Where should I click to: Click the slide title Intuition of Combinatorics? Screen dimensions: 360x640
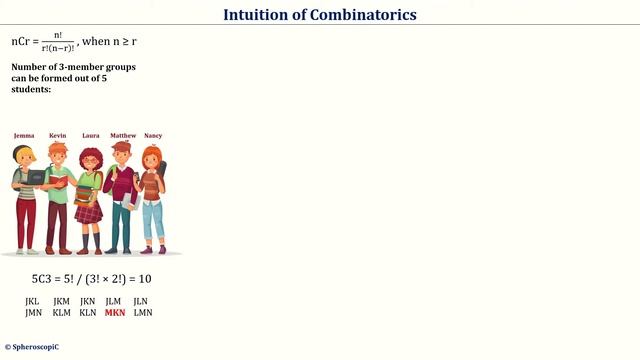pos(320,15)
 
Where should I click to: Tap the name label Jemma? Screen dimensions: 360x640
pos(24,135)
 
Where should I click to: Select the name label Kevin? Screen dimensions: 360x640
pos(57,135)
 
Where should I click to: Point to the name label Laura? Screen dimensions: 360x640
pos(90,135)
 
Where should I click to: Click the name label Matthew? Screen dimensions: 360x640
pos(123,135)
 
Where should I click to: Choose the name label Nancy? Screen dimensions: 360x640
pos(153,135)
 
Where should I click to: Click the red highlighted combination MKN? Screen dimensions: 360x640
pos(115,313)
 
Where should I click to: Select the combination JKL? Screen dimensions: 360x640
pos(33,301)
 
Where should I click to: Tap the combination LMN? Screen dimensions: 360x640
pos(142,313)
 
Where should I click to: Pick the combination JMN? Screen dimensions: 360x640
pos(34,313)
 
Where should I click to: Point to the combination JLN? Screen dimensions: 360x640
pos(141,301)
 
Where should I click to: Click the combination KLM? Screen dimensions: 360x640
pos(61,313)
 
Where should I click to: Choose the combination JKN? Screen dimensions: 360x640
pos(88,301)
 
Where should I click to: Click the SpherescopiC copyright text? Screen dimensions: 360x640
pos(32,347)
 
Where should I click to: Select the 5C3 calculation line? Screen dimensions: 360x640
pos(91,279)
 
